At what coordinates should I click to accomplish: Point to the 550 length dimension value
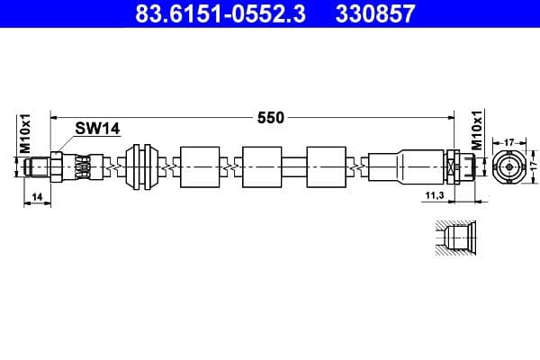[x=271, y=117]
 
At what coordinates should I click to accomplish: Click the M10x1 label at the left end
[x=26, y=133]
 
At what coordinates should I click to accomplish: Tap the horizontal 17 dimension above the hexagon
[x=508, y=140]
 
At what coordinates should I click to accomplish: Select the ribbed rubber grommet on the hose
[x=144, y=167]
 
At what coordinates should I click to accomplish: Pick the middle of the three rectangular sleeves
[x=263, y=167]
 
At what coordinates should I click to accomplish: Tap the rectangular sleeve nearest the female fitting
[x=326, y=167]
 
